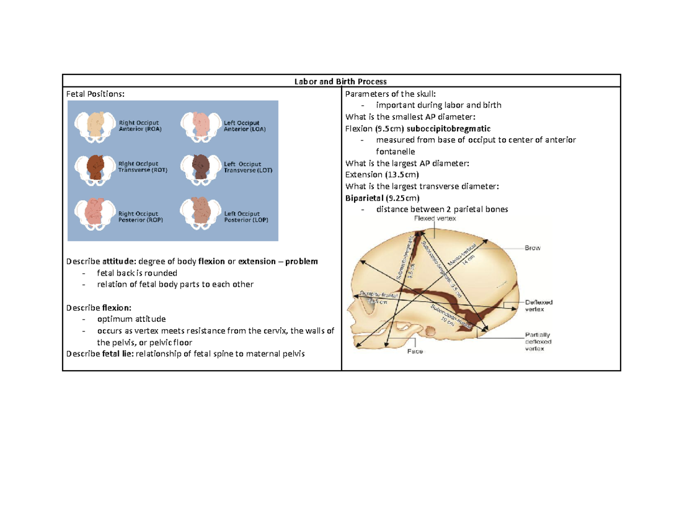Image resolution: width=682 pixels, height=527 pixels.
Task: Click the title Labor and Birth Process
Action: (342, 81)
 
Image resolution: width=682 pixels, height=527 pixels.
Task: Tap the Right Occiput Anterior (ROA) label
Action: (139, 126)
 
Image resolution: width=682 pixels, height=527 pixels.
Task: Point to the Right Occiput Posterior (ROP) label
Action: (140, 217)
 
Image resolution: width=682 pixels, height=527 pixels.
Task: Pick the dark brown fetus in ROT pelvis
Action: (93, 167)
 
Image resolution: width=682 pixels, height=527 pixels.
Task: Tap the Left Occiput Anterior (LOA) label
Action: (245, 126)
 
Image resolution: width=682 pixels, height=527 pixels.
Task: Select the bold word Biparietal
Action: (364, 198)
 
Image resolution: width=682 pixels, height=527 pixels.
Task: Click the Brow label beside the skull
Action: (533, 248)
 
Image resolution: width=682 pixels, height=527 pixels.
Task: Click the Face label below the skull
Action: (414, 351)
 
